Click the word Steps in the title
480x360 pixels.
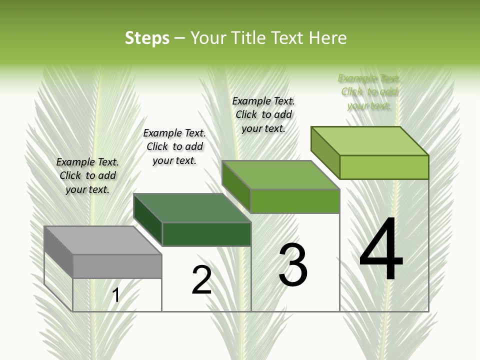[x=147, y=38]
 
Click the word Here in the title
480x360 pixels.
[x=328, y=38]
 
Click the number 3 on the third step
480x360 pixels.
[x=293, y=265]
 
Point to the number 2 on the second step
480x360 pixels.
[x=201, y=280]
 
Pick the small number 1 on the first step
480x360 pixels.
[x=115, y=295]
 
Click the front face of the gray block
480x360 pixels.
[x=117, y=266]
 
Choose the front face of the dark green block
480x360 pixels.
[x=206, y=234]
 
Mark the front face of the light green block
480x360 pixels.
[x=384, y=167]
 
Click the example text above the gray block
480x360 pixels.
[x=87, y=175]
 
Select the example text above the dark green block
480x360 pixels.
[x=174, y=146]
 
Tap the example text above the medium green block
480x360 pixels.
[x=263, y=114]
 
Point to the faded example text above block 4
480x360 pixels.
[x=369, y=92]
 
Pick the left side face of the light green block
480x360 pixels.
[x=325, y=152]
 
